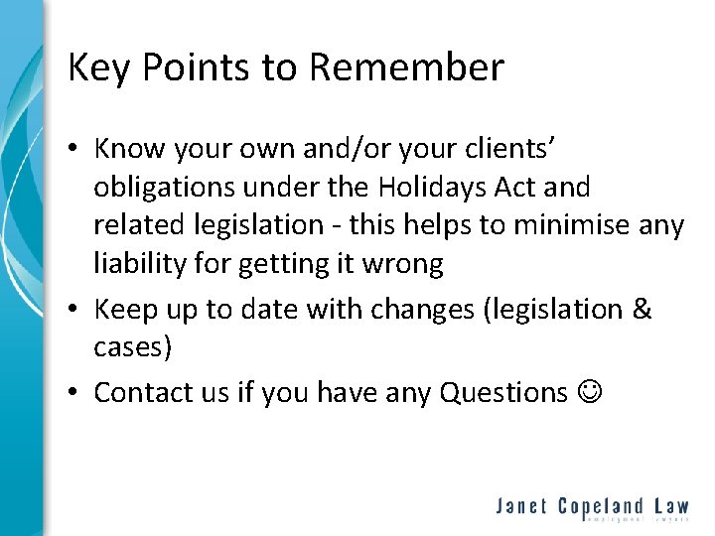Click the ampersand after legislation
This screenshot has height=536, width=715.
click(641, 310)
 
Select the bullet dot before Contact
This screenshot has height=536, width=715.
click(74, 393)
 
